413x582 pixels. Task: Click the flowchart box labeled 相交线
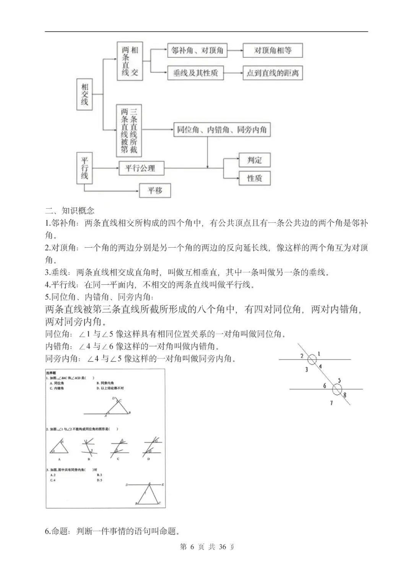click(85, 94)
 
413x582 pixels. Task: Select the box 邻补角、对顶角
click(197, 50)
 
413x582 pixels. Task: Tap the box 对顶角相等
click(273, 50)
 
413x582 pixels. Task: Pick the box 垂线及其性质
click(195, 73)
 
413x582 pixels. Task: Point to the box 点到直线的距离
click(273, 73)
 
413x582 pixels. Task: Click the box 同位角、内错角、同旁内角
click(222, 130)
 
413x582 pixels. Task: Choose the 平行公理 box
click(140, 168)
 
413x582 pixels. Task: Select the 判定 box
click(254, 160)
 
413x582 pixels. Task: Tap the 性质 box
click(254, 178)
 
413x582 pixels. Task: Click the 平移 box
click(155, 190)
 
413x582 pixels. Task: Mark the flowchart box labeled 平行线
click(85, 168)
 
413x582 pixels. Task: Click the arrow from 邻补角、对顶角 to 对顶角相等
click(235, 50)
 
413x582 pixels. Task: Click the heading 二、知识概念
click(70, 211)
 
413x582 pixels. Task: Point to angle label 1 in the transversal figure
click(319, 354)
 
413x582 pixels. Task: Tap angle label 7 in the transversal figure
click(332, 403)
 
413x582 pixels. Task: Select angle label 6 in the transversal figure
click(325, 386)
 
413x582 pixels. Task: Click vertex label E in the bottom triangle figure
click(163, 485)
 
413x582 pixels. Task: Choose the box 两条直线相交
click(130, 61)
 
